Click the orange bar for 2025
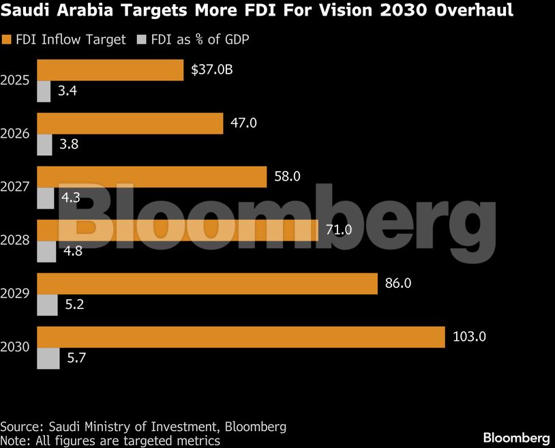[110, 70]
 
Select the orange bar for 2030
[240, 337]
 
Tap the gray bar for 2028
[46, 252]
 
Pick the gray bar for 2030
[48, 358]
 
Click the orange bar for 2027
[151, 177]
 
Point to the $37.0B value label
[211, 70]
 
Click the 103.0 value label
[469, 336]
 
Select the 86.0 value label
[398, 283]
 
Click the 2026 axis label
[15, 134]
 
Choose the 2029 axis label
[15, 294]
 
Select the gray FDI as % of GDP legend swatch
[141, 40]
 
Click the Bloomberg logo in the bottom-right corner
[516, 437]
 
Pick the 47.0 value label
[244, 123]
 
